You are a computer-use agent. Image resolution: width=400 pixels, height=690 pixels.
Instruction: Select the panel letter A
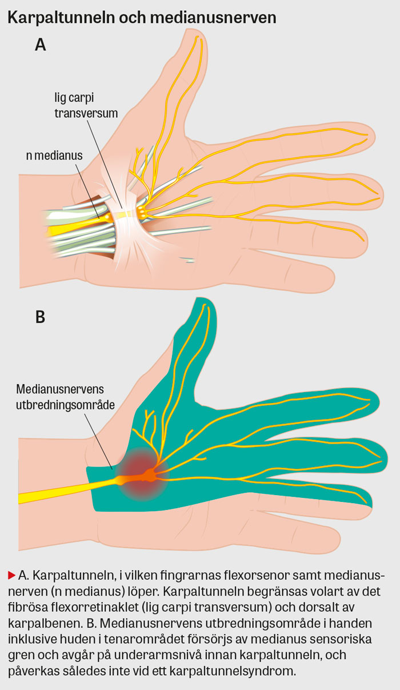pyautogui.click(x=40, y=46)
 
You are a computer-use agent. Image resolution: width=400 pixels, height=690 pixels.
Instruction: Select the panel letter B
pyautogui.click(x=40, y=317)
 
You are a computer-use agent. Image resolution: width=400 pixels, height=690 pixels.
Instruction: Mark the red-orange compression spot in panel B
pyautogui.click(x=146, y=472)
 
